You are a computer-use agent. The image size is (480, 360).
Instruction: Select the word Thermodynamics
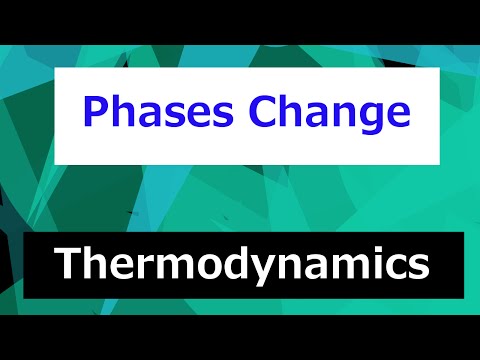click(x=240, y=265)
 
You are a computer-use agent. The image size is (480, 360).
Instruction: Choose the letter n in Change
click(x=338, y=114)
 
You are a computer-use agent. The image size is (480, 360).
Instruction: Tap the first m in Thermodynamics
click(x=170, y=267)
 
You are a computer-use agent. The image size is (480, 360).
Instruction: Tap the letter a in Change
click(x=311, y=114)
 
